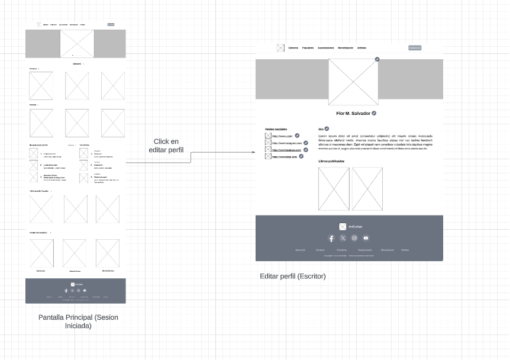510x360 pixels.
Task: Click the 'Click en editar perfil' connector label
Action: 166,146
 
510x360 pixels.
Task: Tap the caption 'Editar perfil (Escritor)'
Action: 293,276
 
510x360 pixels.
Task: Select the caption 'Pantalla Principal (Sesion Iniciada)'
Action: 78,322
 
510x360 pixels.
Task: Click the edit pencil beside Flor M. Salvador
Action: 375,113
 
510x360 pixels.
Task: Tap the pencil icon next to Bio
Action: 327,128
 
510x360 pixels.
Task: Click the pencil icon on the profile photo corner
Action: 377,59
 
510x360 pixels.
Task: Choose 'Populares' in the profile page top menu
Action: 308,48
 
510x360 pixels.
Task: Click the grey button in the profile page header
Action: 415,48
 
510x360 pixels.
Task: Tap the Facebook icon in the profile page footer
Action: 331,238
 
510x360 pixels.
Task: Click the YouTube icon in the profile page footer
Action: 366,238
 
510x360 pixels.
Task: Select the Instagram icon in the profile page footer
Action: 354,238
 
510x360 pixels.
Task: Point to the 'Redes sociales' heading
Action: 276,128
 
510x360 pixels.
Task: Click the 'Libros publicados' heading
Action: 331,161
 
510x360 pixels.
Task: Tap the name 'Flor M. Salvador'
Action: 353,113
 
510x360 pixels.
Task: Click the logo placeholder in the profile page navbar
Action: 280,48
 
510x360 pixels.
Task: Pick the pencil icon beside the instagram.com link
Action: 306,143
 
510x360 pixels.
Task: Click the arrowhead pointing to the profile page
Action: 254,152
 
